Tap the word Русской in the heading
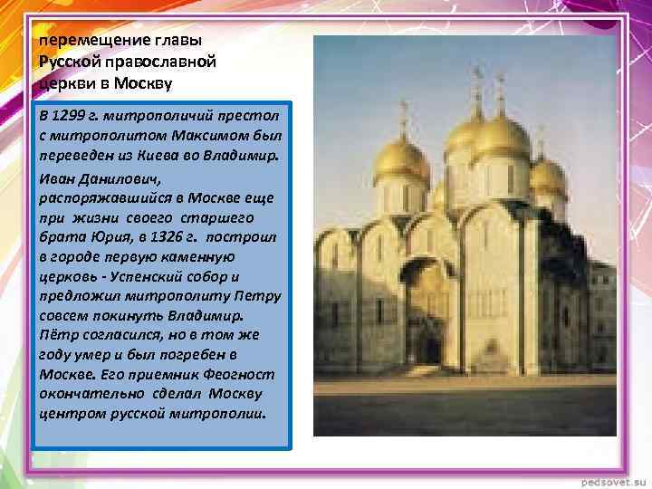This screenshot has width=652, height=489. [66, 62]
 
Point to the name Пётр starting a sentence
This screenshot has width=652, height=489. [57, 336]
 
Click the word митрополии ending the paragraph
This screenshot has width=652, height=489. [222, 414]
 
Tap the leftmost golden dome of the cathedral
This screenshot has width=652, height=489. [401, 158]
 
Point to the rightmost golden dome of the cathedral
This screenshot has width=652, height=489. [548, 172]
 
